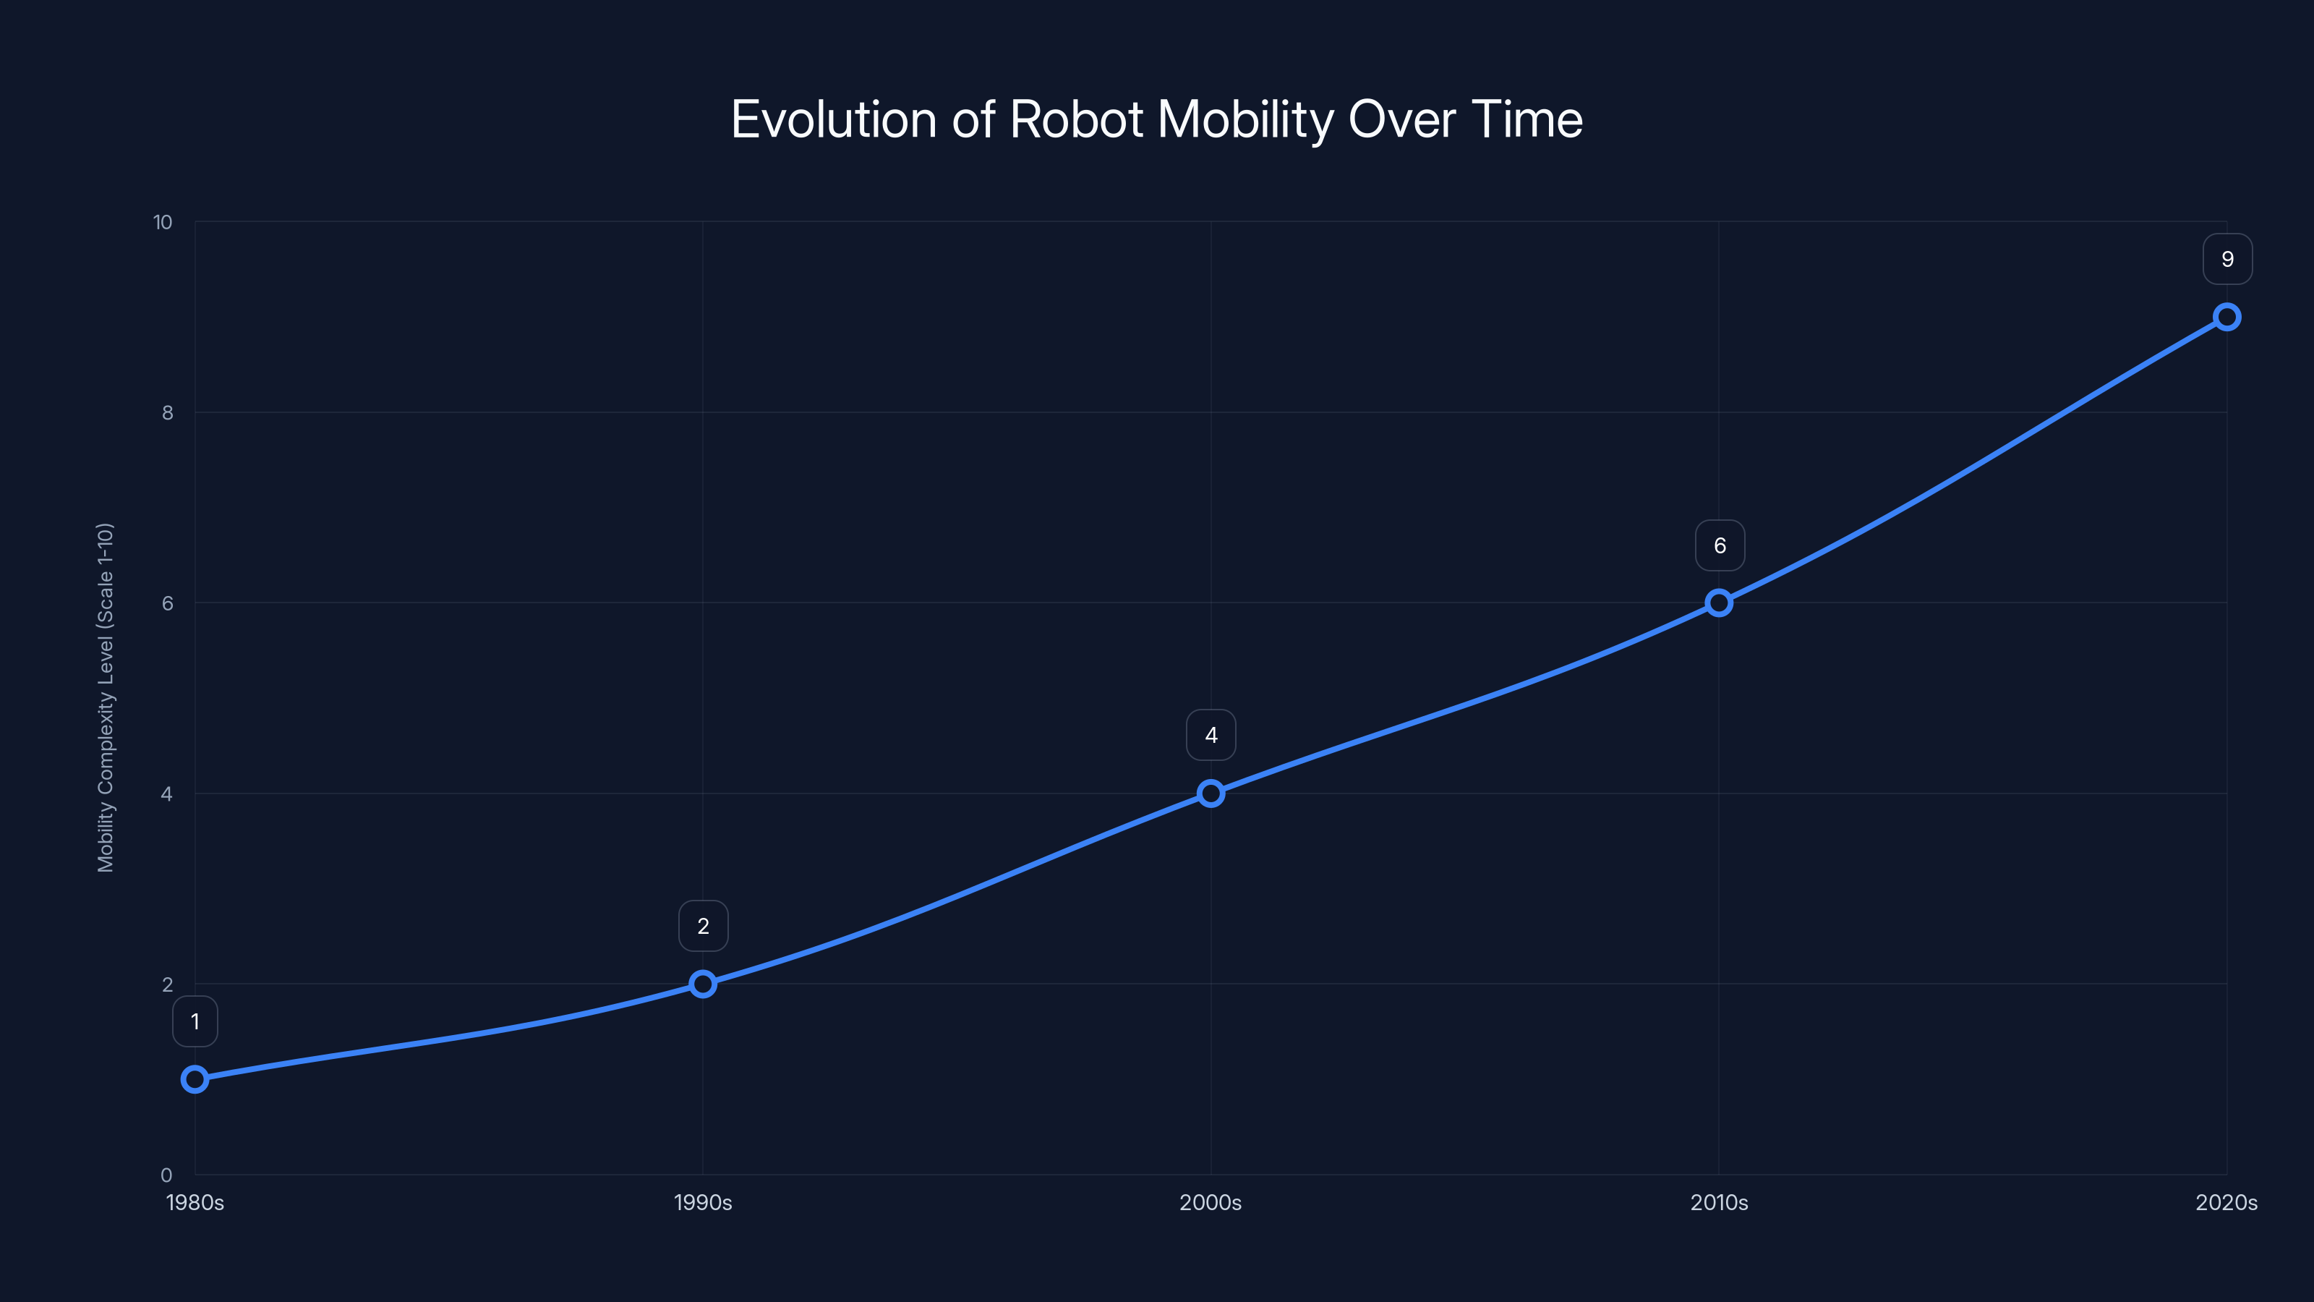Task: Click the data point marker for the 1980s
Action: [195, 1078]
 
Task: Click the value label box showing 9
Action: [2227, 259]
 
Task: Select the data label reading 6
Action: [1720, 545]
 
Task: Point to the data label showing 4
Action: [1211, 735]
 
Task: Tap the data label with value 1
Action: [195, 1021]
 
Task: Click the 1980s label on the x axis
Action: [195, 1202]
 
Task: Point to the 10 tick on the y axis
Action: [163, 222]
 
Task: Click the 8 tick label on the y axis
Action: [167, 412]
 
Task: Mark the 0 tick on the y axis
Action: [166, 1175]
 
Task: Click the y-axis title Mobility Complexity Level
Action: [105, 697]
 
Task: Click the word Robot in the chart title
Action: [1076, 119]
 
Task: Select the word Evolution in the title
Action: [834, 119]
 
